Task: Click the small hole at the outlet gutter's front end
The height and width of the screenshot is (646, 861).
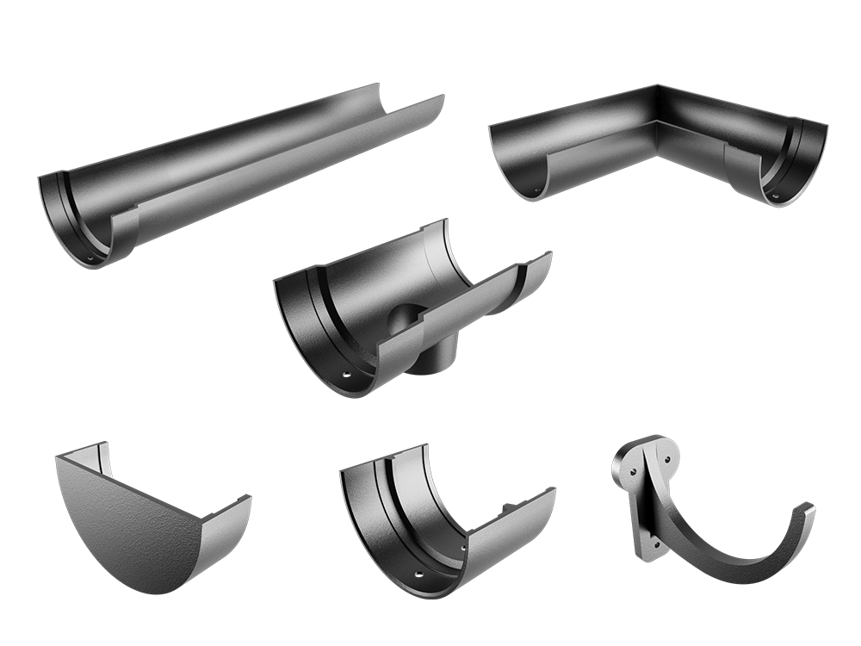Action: [x=346, y=377]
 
